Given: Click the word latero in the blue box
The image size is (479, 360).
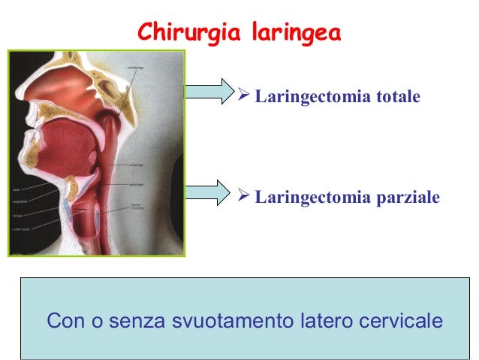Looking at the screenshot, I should coord(309,321).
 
